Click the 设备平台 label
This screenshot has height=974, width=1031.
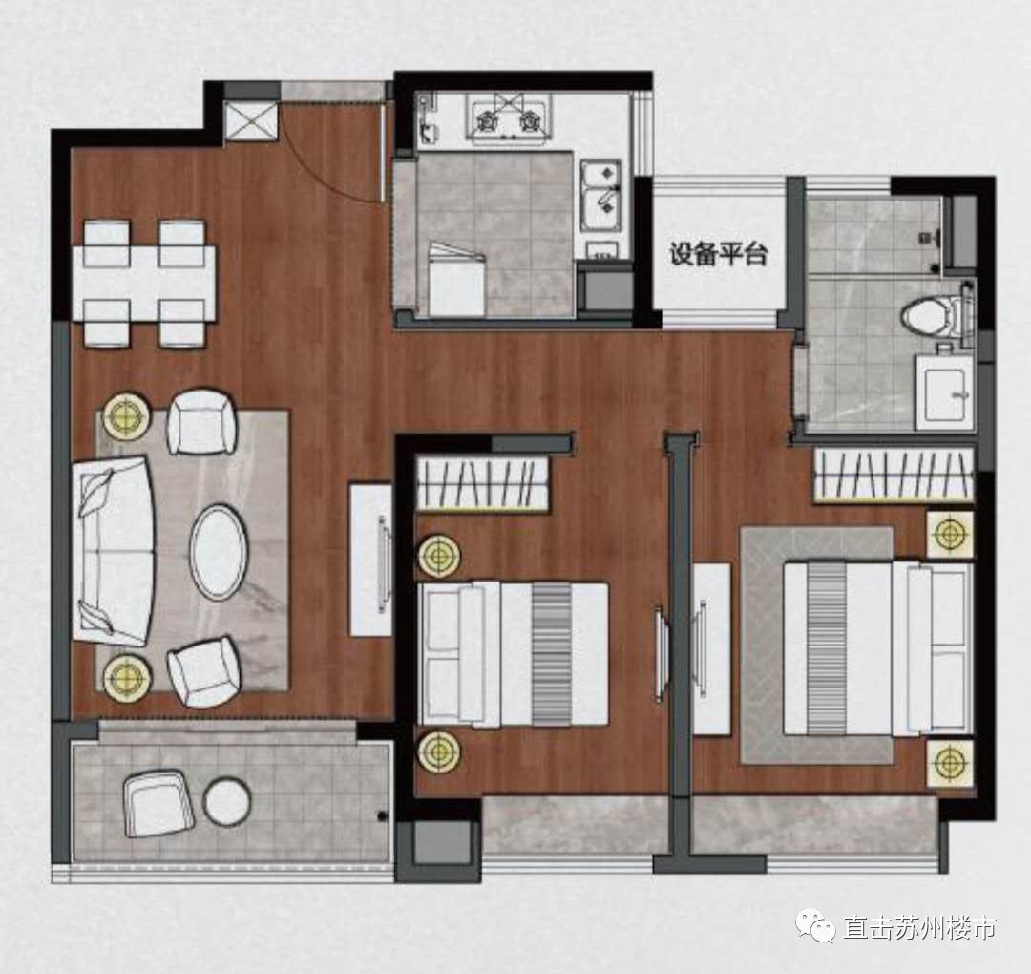(x=719, y=255)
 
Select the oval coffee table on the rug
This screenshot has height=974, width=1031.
(x=219, y=553)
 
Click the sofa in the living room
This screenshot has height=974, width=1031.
(x=113, y=550)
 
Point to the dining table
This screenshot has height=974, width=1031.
(x=144, y=284)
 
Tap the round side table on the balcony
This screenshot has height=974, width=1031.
(x=227, y=801)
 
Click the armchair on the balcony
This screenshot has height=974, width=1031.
(x=159, y=804)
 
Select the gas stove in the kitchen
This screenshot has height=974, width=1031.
(x=509, y=117)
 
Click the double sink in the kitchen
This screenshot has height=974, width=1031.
(x=601, y=195)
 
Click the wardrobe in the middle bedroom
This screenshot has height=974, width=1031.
(x=483, y=483)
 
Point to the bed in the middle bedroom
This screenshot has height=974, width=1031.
(x=513, y=654)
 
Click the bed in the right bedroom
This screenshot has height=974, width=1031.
(x=878, y=648)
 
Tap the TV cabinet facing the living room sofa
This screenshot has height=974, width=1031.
(x=370, y=560)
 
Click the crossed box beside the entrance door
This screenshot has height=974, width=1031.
(x=253, y=121)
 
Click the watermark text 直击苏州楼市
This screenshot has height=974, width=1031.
(x=919, y=928)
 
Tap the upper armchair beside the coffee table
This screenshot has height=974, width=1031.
(x=201, y=421)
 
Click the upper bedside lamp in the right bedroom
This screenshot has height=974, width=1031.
(x=950, y=534)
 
